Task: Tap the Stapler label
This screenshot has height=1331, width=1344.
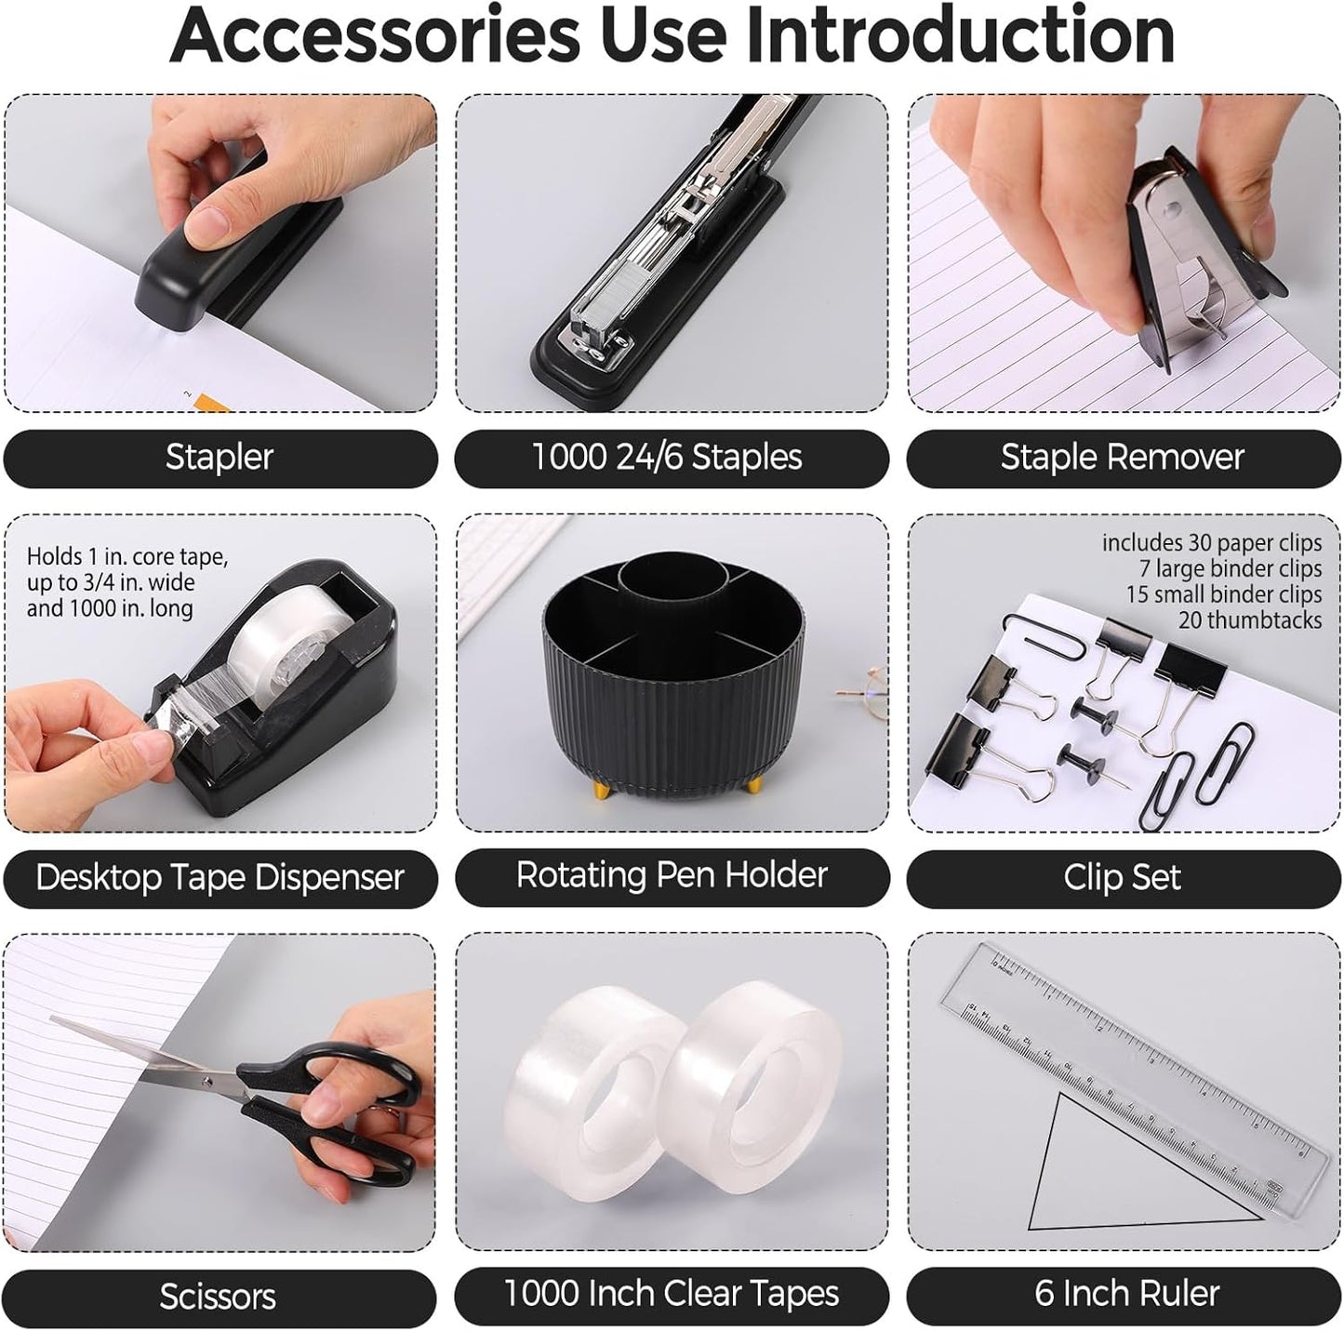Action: (x=220, y=458)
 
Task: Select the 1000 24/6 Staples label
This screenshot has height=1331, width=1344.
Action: (x=667, y=458)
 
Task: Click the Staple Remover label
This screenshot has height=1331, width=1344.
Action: (x=1122, y=458)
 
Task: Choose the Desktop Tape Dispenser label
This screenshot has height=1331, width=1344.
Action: (x=220, y=877)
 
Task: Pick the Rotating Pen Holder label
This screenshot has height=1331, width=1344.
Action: (x=672, y=875)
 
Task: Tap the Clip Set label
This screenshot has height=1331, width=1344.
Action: (x=1122, y=877)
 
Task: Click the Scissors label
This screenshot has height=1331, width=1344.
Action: (x=218, y=1296)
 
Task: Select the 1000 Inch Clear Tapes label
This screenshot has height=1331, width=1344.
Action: (x=671, y=1294)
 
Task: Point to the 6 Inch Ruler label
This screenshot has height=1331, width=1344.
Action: (x=1126, y=1294)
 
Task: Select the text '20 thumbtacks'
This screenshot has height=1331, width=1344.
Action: (x=1249, y=620)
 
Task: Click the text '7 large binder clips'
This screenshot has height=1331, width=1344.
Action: (x=1230, y=568)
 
